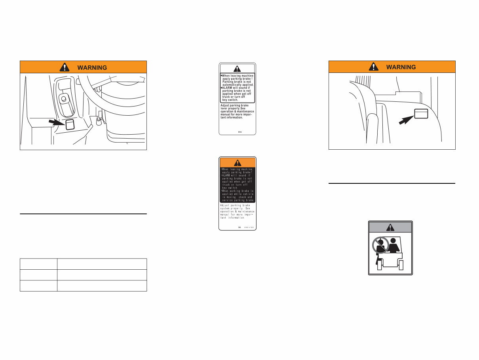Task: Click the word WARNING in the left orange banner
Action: click(92, 67)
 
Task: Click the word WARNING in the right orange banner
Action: click(401, 67)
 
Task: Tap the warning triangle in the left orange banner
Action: click(64, 67)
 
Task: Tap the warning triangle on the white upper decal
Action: click(237, 68)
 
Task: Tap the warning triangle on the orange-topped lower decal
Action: click(238, 162)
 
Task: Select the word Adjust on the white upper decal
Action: click(226, 105)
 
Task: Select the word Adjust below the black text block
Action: click(226, 206)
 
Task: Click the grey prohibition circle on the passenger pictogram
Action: click(380, 246)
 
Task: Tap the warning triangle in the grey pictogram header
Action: click(391, 227)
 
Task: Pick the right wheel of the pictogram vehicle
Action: click(402, 265)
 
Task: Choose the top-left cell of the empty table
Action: click(38, 264)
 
